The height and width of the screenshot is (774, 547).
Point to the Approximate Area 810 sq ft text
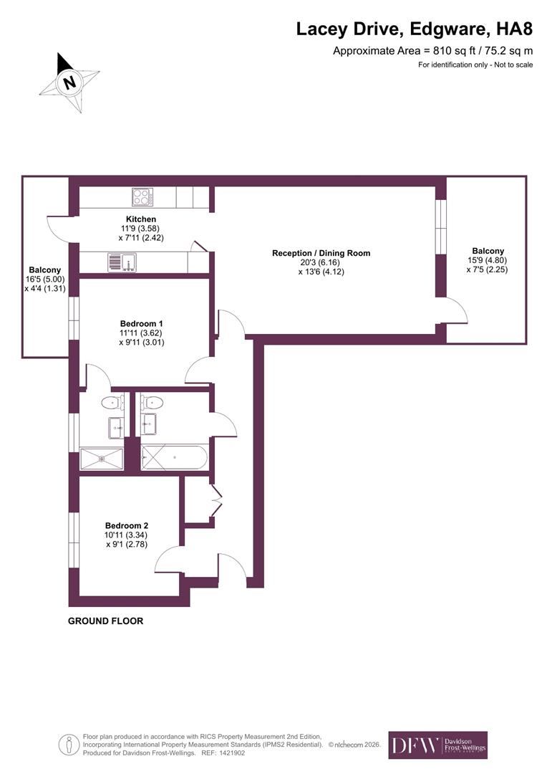[433, 51]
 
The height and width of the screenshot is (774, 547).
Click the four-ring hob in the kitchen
[142, 197]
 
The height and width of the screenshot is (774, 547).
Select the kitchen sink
[122, 262]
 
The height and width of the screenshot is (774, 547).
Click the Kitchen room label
[141, 219]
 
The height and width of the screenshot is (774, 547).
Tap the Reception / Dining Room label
[321, 253]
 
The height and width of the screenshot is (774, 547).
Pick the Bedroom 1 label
[141, 323]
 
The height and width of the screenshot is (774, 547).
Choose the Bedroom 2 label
[127, 524]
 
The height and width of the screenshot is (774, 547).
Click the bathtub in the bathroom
[174, 457]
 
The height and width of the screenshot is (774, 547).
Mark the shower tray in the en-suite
[102, 459]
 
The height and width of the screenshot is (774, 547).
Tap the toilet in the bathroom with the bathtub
[152, 402]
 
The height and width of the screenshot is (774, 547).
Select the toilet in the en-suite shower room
[112, 402]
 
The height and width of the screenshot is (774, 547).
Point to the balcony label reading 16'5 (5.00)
[45, 279]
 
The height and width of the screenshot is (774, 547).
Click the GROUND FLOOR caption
[105, 621]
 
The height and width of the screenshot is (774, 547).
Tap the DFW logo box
[437, 745]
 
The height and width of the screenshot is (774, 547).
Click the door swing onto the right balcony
[456, 310]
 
